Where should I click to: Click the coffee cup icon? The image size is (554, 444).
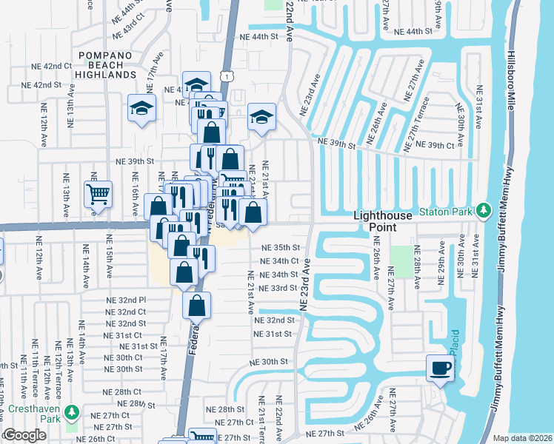[x=440, y=368]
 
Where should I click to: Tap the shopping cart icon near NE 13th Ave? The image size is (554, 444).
[x=98, y=195]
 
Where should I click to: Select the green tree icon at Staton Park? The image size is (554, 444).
[x=484, y=211]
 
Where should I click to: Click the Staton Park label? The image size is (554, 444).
[x=445, y=212]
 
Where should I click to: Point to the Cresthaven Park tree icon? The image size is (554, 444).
[x=71, y=411]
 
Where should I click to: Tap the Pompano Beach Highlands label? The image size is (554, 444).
[x=110, y=65]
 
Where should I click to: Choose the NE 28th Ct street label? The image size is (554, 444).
[x=121, y=391]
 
